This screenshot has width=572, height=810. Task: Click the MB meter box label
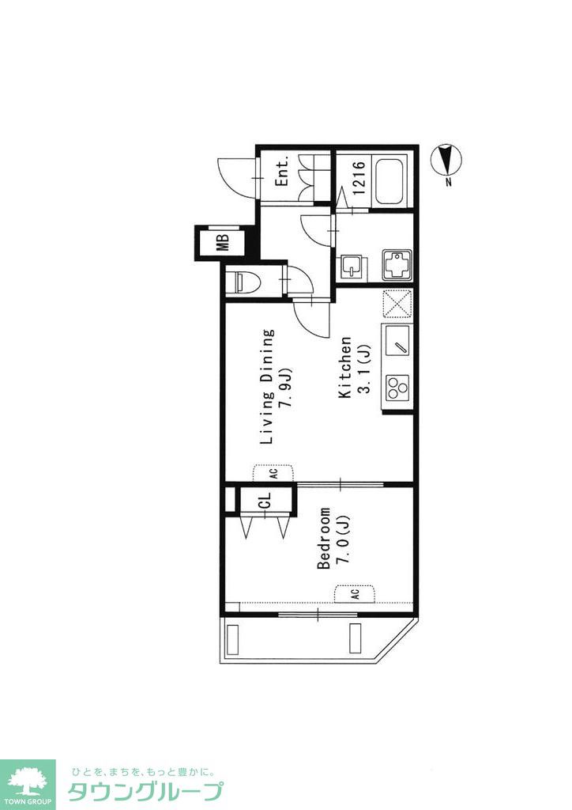222,242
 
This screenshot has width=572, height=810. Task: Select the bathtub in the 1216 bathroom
391,182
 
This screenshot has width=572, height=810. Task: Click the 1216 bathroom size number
359,178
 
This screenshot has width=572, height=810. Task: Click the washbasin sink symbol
352,267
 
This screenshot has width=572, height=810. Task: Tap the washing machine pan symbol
397,266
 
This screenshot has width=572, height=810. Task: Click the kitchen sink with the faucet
397,339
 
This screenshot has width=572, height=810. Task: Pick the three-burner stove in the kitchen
397,386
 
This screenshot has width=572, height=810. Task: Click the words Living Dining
267,386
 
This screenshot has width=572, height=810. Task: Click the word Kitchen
345,367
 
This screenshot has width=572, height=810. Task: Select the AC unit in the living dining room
273,473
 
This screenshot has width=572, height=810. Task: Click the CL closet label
264,500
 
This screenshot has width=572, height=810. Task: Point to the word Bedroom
324,538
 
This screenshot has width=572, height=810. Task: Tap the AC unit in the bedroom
355,593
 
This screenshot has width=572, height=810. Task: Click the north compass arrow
446,159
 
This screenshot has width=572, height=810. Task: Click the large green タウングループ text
145,792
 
